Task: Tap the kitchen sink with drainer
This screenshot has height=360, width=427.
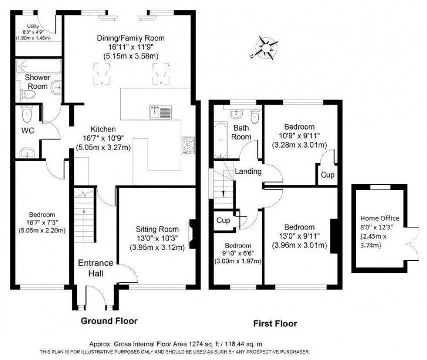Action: click(x=159, y=112)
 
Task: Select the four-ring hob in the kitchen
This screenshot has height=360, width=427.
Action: click(x=188, y=145)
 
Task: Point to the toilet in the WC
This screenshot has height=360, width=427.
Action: click(x=26, y=115)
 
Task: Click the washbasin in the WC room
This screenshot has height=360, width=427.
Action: click(x=27, y=152)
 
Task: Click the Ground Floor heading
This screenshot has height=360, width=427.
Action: click(x=109, y=321)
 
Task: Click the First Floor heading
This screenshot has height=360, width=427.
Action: click(x=275, y=323)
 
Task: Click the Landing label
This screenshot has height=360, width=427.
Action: click(x=248, y=172)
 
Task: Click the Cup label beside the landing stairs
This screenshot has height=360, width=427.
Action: click(x=224, y=221)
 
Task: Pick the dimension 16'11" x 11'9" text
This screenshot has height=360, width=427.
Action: click(x=130, y=47)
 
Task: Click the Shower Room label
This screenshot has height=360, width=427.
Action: click(x=37, y=81)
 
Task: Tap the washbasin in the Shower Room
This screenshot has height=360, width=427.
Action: click(x=57, y=88)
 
